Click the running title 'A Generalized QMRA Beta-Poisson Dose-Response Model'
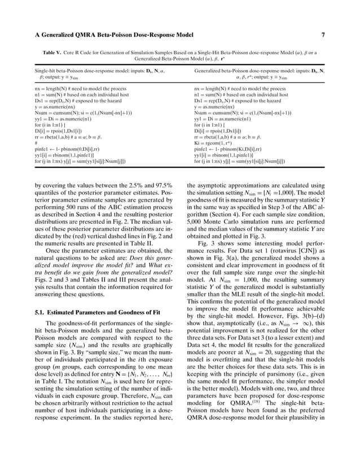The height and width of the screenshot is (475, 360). click(106, 34)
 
